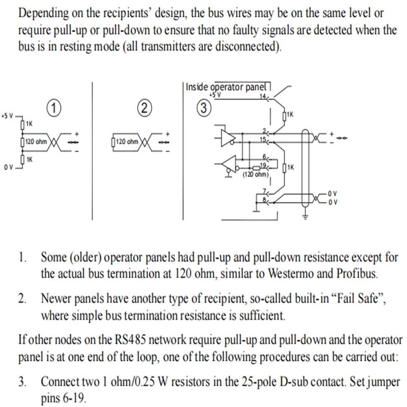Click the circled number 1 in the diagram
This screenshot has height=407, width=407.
pyautogui.click(x=54, y=108)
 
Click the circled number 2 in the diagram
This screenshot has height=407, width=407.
pyautogui.click(x=144, y=108)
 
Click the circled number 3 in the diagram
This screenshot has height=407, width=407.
pyautogui.click(x=204, y=108)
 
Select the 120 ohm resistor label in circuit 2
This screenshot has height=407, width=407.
pyautogui.click(x=127, y=142)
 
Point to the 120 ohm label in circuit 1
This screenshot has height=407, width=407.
pyautogui.click(x=36, y=142)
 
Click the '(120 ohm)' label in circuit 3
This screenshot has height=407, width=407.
pyautogui.click(x=256, y=175)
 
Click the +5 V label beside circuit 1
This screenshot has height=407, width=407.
pyautogui.click(x=7, y=116)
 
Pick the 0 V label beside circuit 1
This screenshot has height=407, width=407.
pyautogui.click(x=8, y=167)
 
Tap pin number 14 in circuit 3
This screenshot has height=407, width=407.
pyautogui.click(x=263, y=96)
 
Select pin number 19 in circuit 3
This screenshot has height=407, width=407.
pyautogui.click(x=263, y=165)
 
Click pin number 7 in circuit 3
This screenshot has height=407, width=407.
pyautogui.click(x=265, y=191)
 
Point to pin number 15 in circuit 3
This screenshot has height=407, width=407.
pyautogui.click(x=263, y=139)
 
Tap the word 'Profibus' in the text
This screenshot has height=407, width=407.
pyautogui.click(x=357, y=273)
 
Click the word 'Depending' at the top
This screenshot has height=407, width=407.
pyautogui.click(x=43, y=14)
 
